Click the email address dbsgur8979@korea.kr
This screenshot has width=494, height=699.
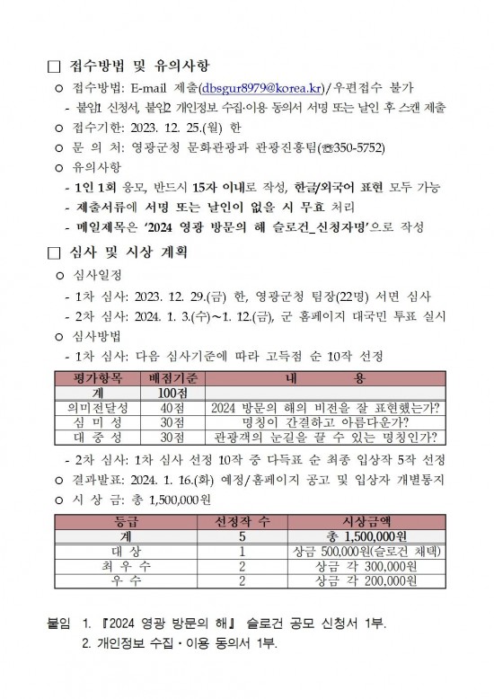(263, 87)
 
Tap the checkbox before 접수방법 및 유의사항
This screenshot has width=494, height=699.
(52, 66)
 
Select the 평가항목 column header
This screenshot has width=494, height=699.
(101, 380)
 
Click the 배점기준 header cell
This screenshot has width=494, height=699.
(175, 380)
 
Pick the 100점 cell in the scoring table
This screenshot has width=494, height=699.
(175, 394)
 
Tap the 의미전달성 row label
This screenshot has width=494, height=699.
(101, 409)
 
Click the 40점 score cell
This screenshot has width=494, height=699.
(175, 409)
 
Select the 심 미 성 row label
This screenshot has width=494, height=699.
(101, 423)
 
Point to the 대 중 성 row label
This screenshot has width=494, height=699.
(101, 438)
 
